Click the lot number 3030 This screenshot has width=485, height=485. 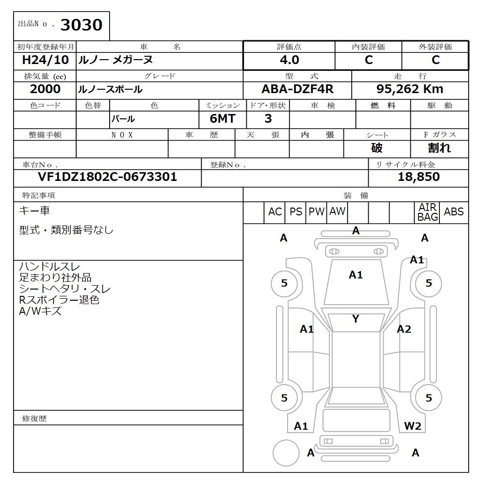[x=81, y=25]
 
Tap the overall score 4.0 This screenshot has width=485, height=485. [x=289, y=60]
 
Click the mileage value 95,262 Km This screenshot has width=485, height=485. [x=410, y=89]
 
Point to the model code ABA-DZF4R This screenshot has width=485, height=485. [x=297, y=89]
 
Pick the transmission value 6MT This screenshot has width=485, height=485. [x=223, y=119]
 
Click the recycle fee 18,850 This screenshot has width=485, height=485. [x=419, y=177]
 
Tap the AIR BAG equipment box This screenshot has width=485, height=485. [x=427, y=212]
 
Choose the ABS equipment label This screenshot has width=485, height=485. [x=453, y=212]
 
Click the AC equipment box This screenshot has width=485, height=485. [x=275, y=212]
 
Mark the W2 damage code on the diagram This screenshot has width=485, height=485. [x=412, y=426]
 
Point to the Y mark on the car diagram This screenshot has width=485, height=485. [x=356, y=319]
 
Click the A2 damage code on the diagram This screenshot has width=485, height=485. [x=404, y=330]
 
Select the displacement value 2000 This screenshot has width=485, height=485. [x=45, y=89]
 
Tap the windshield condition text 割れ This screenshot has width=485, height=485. [x=439, y=148]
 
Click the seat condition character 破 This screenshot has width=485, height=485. [x=377, y=148]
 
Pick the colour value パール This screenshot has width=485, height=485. [x=123, y=119]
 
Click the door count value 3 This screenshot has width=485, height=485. [x=268, y=119]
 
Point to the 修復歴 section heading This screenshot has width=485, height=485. [x=34, y=419]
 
